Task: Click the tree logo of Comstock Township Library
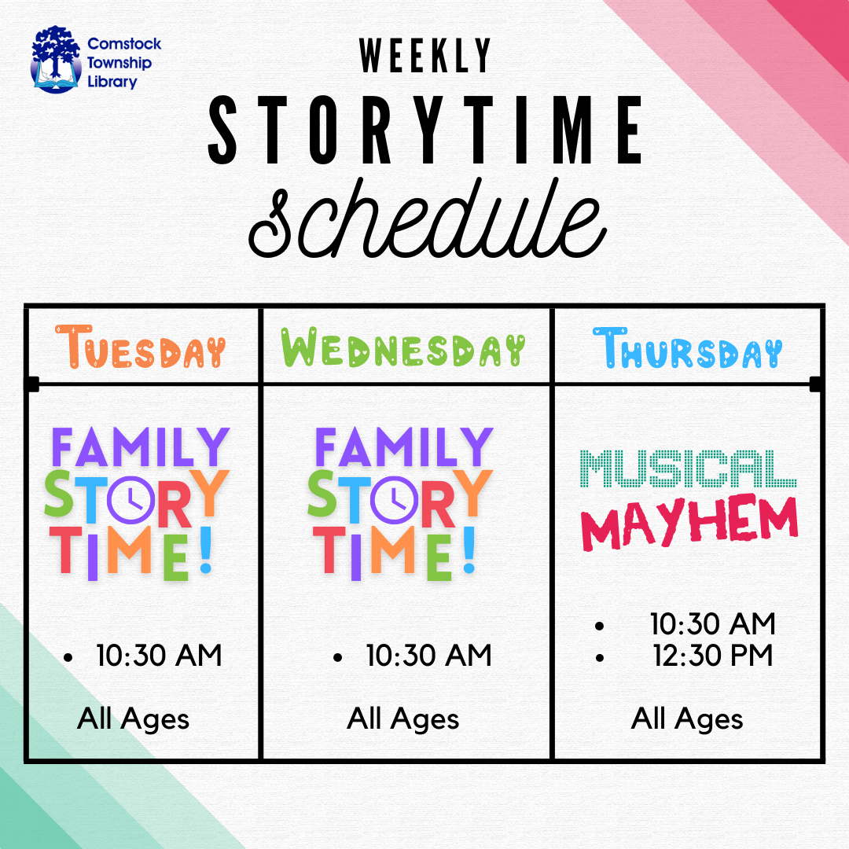coord(56,60)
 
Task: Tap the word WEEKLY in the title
coord(425,55)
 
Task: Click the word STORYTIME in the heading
coord(425,130)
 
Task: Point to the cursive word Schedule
coord(428,219)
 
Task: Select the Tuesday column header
coord(140,347)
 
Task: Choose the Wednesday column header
coord(403,347)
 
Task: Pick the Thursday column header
coord(688,348)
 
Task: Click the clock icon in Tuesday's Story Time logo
coord(131,500)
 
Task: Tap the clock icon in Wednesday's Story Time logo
coord(394,500)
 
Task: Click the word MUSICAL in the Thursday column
coord(688,469)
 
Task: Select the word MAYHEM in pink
coord(689,523)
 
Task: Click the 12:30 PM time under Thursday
coord(712,656)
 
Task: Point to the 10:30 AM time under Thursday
coord(712,623)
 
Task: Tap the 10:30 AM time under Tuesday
coord(159,656)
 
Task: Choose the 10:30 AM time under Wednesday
coord(429,656)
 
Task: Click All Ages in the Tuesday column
coord(133,719)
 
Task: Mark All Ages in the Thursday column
coord(687,719)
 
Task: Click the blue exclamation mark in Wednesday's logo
coord(469,550)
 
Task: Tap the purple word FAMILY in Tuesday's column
coord(141,447)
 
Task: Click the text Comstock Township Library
coord(124,62)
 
